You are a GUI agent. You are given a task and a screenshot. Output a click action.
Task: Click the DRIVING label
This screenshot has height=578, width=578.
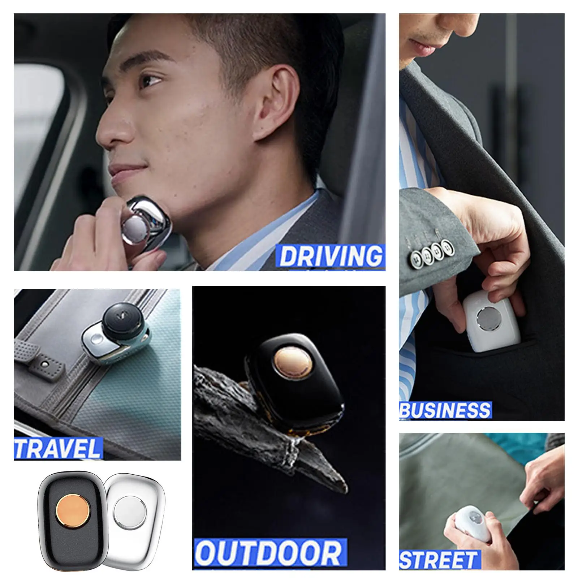[330, 256]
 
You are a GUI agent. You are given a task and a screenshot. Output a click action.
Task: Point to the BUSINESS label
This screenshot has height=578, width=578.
[445, 410]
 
